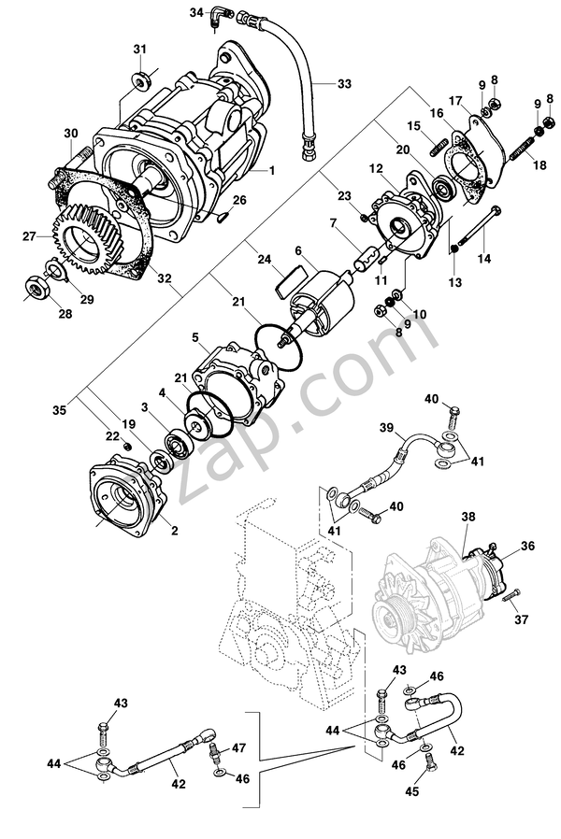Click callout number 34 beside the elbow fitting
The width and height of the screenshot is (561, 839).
[195, 12]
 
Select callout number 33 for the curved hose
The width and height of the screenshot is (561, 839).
[345, 84]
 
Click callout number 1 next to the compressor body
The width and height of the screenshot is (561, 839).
[272, 170]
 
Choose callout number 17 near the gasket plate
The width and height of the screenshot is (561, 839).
[455, 100]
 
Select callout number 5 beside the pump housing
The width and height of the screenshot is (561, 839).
[194, 336]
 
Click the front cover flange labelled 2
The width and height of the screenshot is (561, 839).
[125, 501]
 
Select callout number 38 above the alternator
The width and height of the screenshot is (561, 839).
[468, 515]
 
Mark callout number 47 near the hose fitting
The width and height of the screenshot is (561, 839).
[238, 748]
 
